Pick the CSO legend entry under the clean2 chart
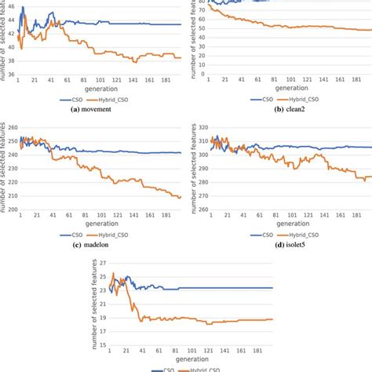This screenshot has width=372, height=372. click(263, 99)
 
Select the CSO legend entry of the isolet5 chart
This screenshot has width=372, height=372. click(263, 236)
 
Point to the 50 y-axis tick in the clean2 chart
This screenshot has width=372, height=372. click(202, 27)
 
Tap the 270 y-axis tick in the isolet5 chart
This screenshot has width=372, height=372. click(202, 210)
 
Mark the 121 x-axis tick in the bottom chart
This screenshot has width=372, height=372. click(207, 351)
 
